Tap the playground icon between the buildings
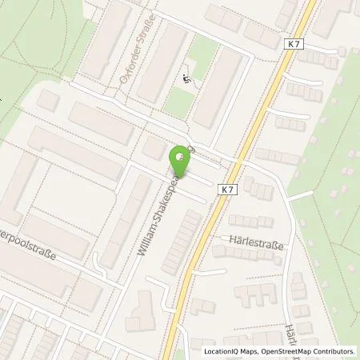tap(186, 78)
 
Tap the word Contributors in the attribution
tap(334, 351)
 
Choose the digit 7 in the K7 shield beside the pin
tap(231, 190)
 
